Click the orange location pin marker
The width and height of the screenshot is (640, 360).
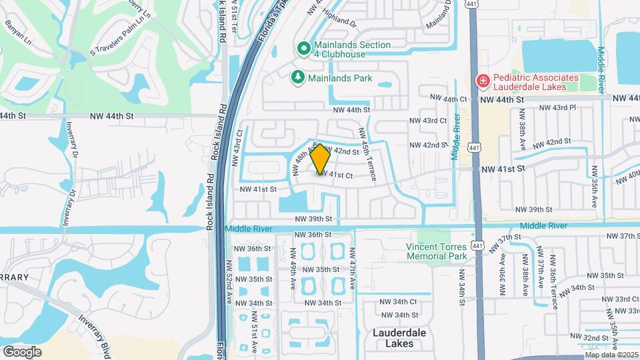click(x=321, y=159)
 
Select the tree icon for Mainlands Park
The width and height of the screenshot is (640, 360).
click(x=297, y=78)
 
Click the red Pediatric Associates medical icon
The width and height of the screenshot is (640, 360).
click(x=481, y=81)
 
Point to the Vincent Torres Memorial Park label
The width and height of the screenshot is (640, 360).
click(x=437, y=251)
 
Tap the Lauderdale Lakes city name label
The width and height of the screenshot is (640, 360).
click(x=399, y=338)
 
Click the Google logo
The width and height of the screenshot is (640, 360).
click(x=22, y=351)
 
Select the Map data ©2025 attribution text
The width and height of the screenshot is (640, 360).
click(x=611, y=355)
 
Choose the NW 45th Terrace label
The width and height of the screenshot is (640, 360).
click(x=368, y=155)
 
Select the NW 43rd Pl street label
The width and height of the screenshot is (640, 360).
click(x=557, y=107)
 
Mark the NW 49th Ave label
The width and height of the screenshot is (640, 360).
click(x=293, y=269)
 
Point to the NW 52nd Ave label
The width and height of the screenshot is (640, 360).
click(x=229, y=281)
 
